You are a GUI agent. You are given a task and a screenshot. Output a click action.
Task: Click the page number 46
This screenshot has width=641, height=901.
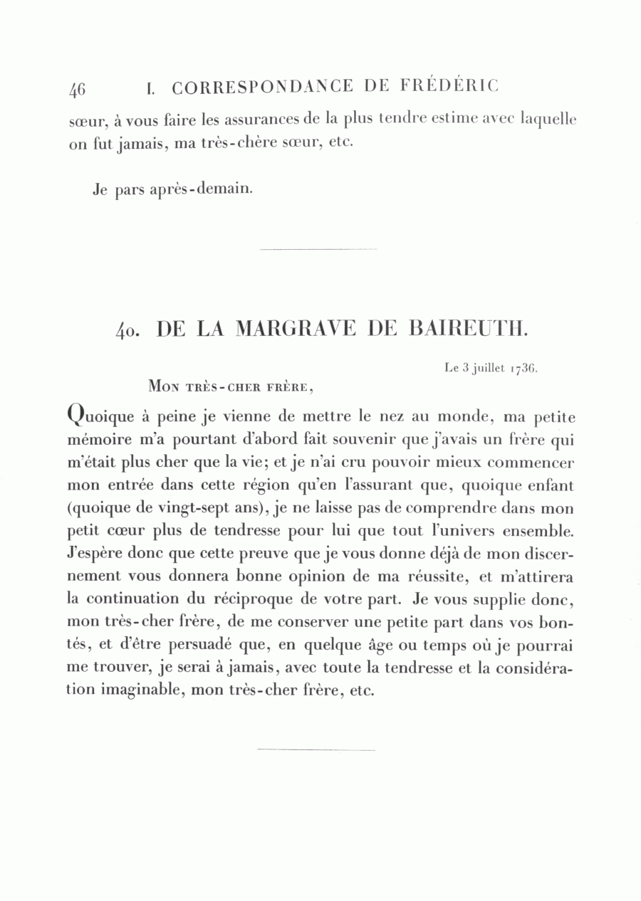point(77,88)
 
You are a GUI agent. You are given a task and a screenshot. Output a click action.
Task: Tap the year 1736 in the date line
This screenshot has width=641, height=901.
point(523,369)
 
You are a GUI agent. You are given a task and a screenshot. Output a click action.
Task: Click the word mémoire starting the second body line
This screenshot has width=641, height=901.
point(97,440)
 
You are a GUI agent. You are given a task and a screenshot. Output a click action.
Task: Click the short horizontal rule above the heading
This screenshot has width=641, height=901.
point(319,249)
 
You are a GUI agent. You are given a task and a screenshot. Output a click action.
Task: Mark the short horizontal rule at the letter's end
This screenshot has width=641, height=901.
point(316,749)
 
